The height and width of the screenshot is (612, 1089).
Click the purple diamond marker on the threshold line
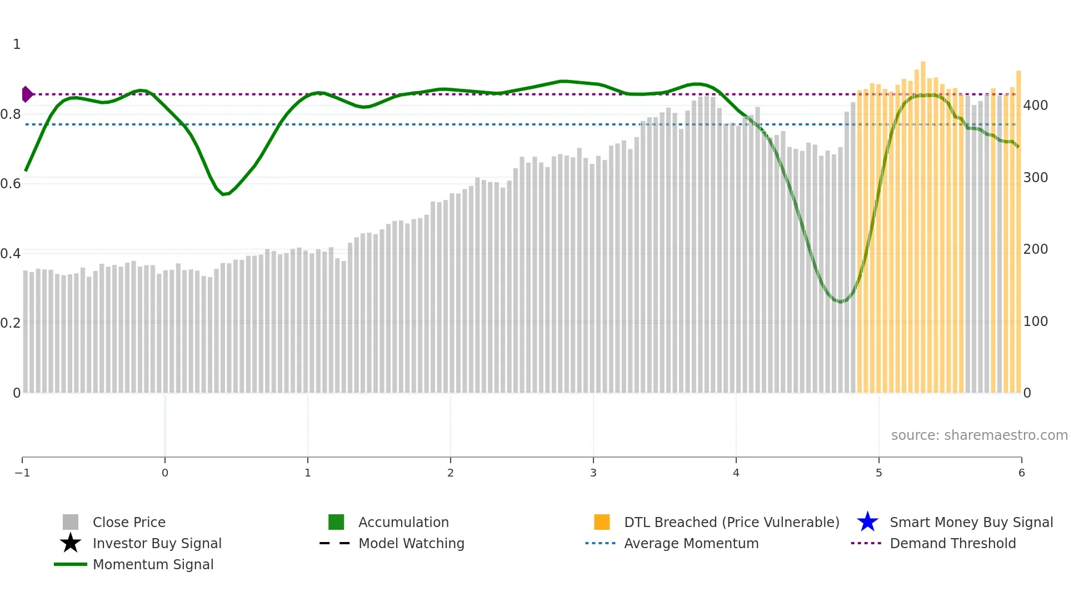(x=27, y=94)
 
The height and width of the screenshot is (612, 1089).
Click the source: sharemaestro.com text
(x=979, y=435)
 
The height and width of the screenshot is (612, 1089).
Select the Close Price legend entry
(x=129, y=523)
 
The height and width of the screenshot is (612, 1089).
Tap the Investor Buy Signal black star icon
(x=71, y=543)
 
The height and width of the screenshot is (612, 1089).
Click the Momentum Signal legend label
(x=153, y=565)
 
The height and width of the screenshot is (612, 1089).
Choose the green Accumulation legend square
(x=336, y=523)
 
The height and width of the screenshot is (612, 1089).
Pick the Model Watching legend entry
(x=411, y=544)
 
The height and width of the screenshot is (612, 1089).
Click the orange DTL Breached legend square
(x=602, y=523)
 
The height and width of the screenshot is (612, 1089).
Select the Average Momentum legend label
(x=691, y=544)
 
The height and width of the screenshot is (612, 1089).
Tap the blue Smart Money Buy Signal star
(x=867, y=523)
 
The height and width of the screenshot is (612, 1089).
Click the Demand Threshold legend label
(x=952, y=544)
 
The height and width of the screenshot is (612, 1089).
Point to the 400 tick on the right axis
(x=1035, y=106)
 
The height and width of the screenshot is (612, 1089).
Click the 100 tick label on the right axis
(x=1035, y=322)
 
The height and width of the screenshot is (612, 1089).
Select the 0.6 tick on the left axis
(x=11, y=184)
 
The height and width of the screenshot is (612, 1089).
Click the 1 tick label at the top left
(x=17, y=44)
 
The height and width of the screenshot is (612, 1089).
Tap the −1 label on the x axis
(x=22, y=473)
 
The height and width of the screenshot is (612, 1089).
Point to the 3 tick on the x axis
(x=593, y=473)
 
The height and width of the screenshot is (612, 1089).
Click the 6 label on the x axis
(x=1021, y=473)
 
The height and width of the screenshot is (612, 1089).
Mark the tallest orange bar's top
(x=923, y=62)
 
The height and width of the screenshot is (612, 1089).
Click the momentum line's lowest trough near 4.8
(x=841, y=302)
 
